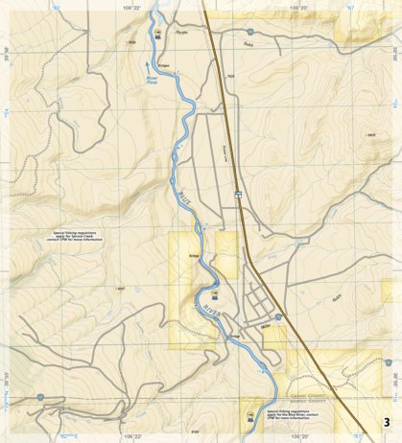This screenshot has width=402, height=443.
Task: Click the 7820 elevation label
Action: click(230, 76)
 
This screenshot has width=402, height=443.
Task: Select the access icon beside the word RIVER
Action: click(215, 294)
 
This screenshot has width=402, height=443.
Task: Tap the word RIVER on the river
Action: click(210, 310)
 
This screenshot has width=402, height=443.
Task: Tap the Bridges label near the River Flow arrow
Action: click(163, 65)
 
